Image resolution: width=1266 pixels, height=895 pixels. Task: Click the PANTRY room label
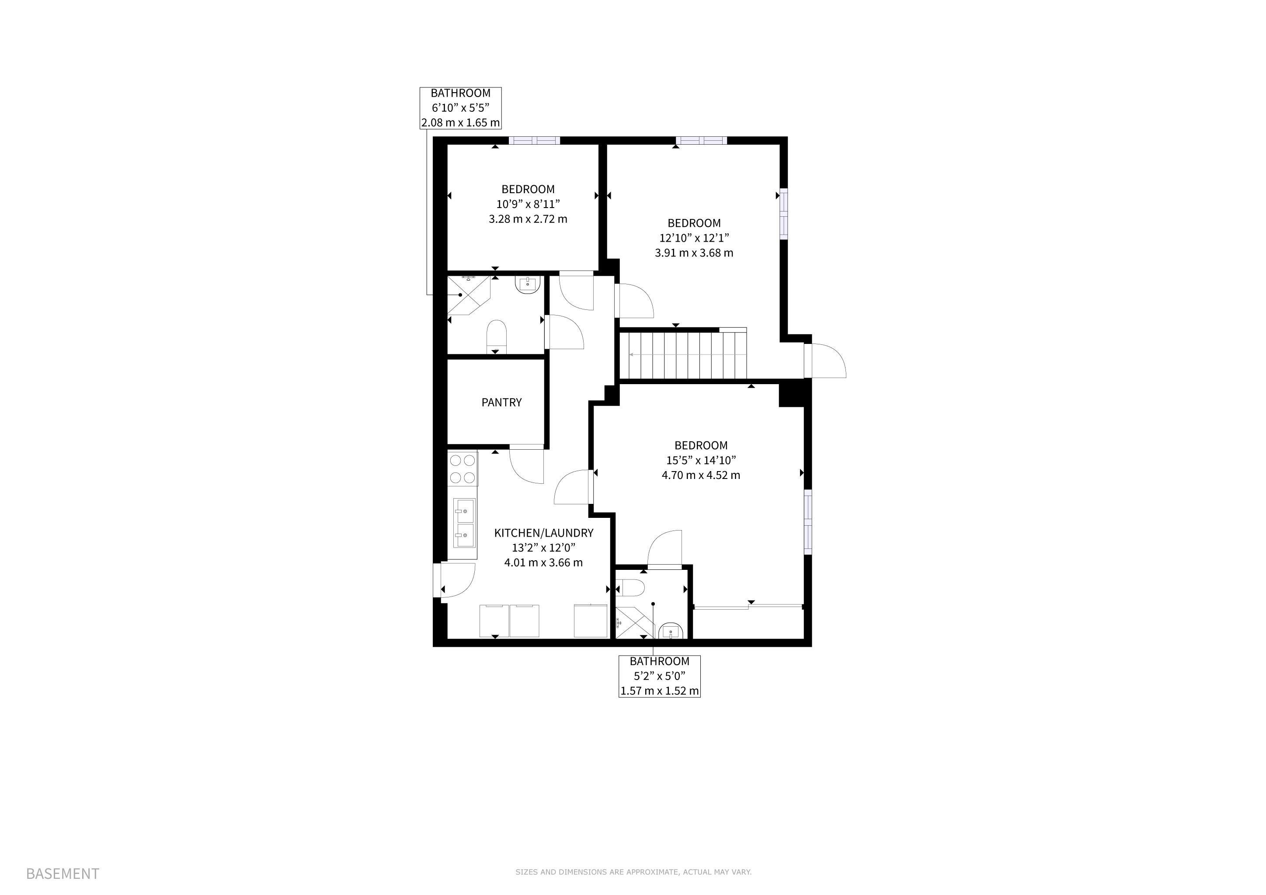click(501, 402)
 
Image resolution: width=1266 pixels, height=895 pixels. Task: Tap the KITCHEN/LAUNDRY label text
click(544, 533)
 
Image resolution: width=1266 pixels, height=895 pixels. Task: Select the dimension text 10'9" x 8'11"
click(528, 204)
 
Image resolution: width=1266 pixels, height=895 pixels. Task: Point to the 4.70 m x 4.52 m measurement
click(701, 475)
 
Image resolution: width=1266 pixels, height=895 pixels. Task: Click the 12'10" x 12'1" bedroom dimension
click(694, 238)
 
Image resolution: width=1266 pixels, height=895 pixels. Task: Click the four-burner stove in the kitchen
click(463, 468)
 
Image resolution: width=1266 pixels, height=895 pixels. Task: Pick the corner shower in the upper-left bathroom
click(468, 295)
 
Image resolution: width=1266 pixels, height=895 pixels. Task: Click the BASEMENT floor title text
click(63, 874)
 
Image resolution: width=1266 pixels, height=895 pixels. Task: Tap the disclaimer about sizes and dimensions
click(633, 872)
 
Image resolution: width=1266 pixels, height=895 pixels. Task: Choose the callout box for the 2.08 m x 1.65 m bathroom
click(460, 108)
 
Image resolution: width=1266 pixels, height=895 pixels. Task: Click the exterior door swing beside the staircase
click(825, 361)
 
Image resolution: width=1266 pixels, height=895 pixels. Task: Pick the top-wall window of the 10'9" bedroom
click(534, 141)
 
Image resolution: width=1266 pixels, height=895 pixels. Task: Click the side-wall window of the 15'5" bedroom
click(808, 522)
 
